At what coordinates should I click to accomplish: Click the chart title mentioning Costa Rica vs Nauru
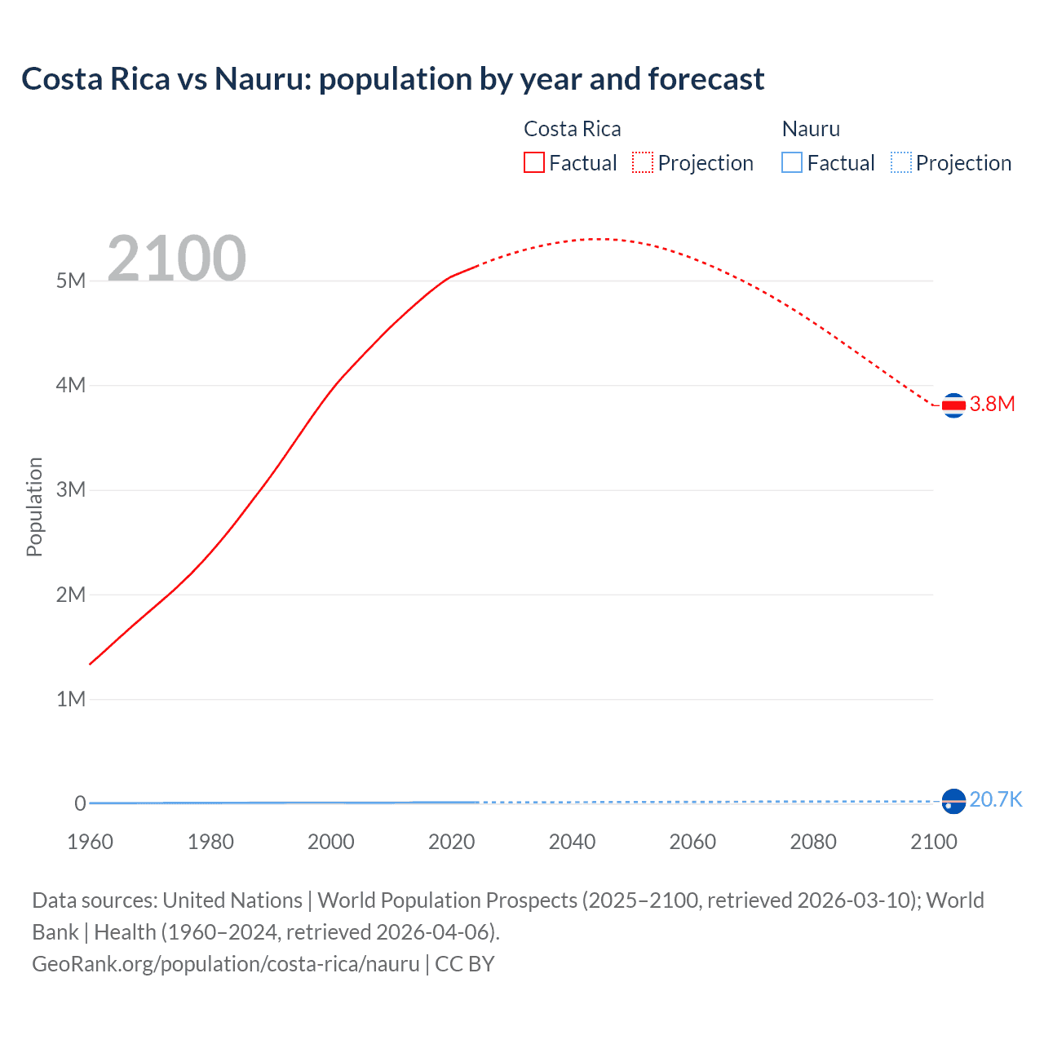(x=392, y=79)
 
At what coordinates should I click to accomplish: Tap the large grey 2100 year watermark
(x=176, y=259)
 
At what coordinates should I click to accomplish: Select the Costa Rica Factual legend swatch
(x=533, y=163)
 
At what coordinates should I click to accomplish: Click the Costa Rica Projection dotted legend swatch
(x=643, y=163)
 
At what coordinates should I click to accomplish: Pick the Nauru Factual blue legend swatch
(x=791, y=163)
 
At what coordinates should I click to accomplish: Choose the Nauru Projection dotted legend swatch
(x=900, y=163)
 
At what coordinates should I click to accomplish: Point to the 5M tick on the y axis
(x=71, y=281)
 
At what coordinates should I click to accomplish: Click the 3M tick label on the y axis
(x=71, y=489)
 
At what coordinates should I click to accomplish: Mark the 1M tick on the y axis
(x=71, y=699)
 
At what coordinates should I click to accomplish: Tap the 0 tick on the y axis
(x=80, y=803)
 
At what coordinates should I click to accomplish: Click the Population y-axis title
(x=34, y=507)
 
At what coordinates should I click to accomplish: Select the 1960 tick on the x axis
(x=90, y=842)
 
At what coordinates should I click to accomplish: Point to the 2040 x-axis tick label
(x=572, y=842)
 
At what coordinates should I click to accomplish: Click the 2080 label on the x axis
(x=813, y=842)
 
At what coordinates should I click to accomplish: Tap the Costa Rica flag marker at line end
(x=953, y=405)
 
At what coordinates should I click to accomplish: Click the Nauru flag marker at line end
(x=953, y=802)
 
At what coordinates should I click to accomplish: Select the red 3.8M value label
(x=992, y=405)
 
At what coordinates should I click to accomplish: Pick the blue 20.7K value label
(x=995, y=799)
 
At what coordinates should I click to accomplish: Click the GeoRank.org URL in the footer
(x=226, y=964)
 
